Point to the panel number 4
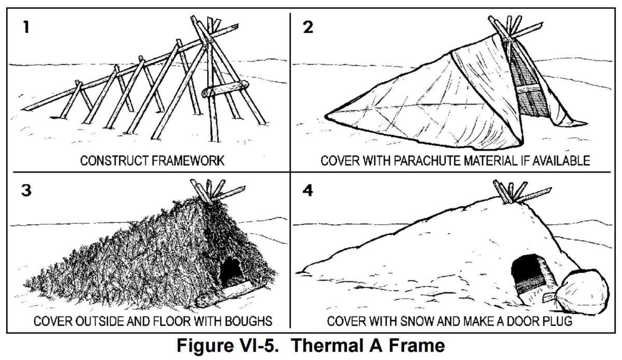[308, 190]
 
